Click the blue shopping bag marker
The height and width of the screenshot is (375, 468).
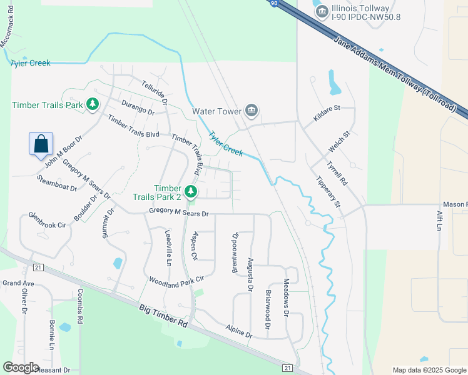41,144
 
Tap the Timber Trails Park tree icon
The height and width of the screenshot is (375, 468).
93,104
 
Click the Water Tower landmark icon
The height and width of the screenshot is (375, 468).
252,111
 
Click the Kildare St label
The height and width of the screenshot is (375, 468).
326,108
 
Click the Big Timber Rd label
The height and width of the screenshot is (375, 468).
163,316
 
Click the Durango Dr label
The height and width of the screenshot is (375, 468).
138,107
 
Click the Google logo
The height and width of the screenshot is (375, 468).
21,367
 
